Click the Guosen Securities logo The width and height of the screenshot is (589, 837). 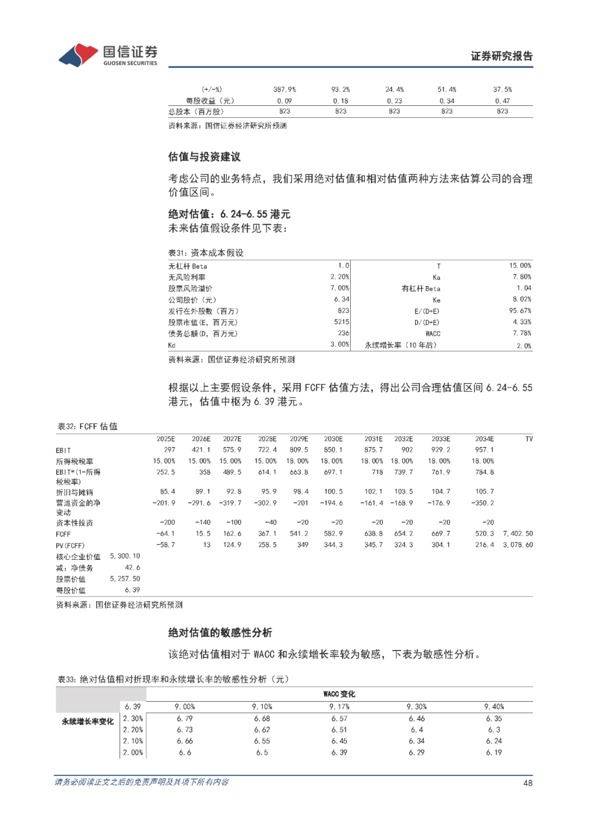tap(107, 55)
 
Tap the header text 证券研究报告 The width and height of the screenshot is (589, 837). tap(501, 56)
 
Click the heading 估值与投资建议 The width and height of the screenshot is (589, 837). tap(204, 157)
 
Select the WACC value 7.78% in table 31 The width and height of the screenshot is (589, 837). tap(521, 333)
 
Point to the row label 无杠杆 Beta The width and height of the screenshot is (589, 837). tap(188, 266)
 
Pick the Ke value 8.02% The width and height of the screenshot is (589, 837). tap(521, 300)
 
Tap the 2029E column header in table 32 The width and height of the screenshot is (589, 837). tap(299, 439)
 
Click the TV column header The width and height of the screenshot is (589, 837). tap(528, 439)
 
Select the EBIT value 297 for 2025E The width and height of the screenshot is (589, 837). tap(170, 450)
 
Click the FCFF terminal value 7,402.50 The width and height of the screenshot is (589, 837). tap(518, 534)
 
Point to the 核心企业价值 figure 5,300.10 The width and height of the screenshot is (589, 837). tap(125, 556)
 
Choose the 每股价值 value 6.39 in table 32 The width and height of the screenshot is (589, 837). tap(133, 590)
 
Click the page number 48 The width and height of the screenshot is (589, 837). tap(527, 783)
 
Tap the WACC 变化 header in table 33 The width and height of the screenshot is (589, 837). tap(339, 694)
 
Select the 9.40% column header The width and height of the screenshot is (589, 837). tap(494, 707)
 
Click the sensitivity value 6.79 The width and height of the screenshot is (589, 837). tap(185, 719)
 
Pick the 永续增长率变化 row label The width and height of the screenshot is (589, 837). tap(88, 722)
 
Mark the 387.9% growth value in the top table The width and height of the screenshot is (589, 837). tap(285, 89)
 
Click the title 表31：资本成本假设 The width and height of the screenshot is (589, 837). tap(206, 253)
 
